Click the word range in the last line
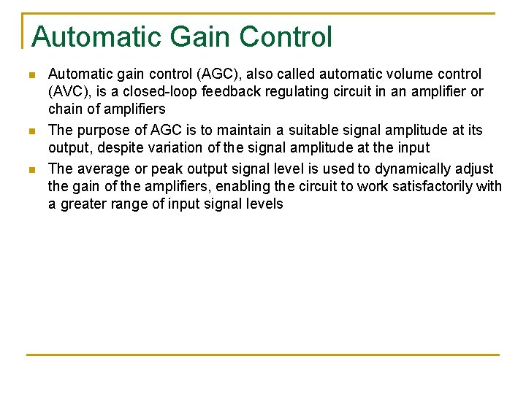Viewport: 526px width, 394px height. coord(131,204)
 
